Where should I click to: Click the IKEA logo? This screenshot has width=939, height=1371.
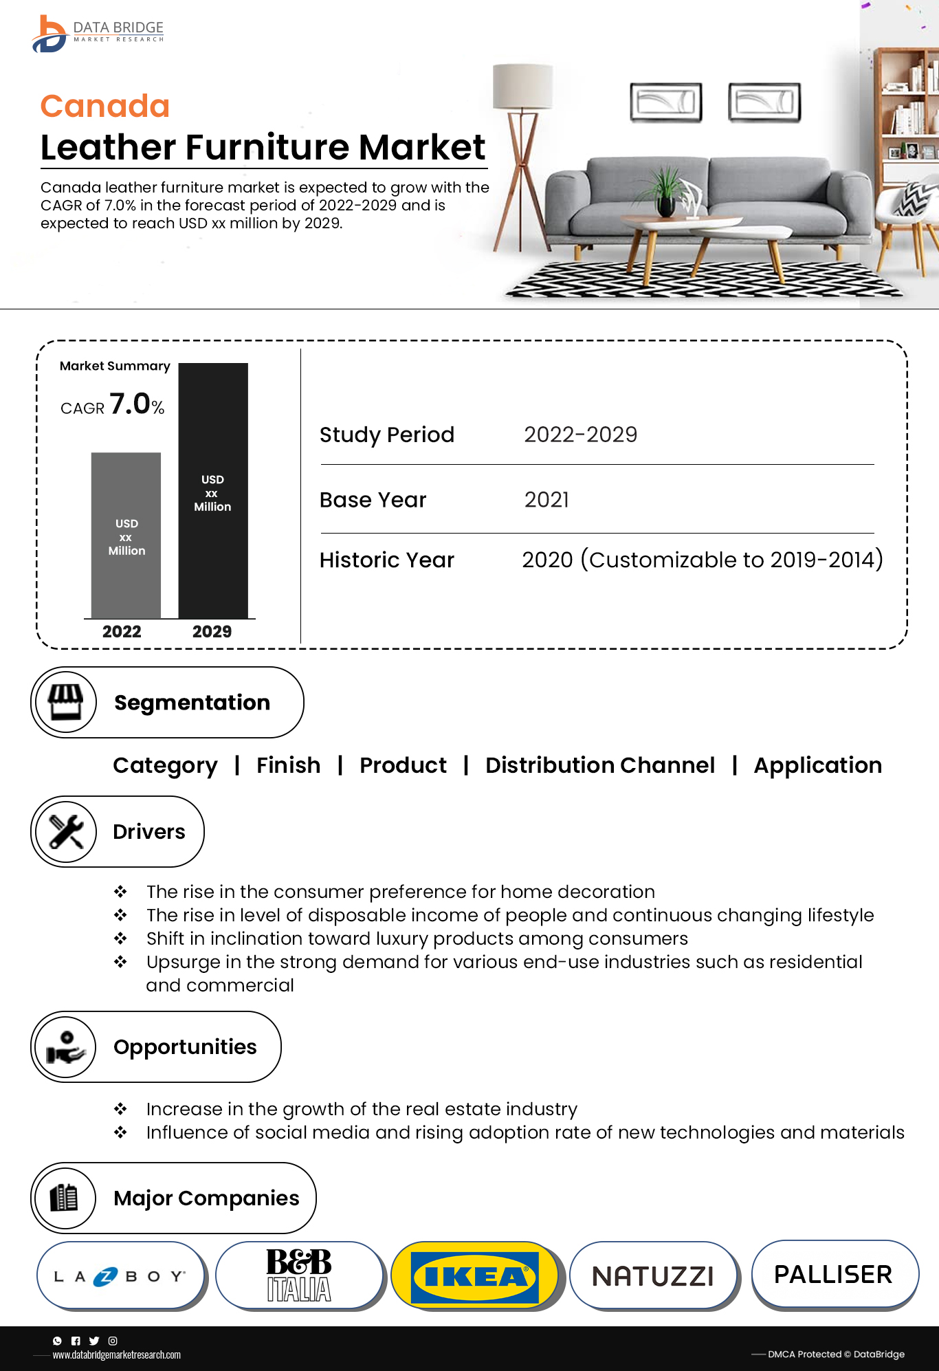(x=474, y=1277)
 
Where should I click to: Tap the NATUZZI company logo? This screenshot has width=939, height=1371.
(x=653, y=1276)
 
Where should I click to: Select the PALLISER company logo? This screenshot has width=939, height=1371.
(x=833, y=1274)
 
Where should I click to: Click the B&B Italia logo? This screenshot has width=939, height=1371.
(x=299, y=1275)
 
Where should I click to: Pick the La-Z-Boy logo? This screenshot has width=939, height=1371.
(x=120, y=1277)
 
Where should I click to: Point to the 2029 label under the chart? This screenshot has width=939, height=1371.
(x=212, y=631)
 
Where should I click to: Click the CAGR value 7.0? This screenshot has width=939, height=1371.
(x=130, y=404)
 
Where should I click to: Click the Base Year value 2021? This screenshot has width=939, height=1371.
(x=546, y=500)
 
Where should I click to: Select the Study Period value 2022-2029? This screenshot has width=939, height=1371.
(x=580, y=435)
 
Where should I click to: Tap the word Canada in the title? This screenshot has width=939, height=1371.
(x=105, y=106)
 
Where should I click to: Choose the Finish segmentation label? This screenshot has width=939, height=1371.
(x=288, y=765)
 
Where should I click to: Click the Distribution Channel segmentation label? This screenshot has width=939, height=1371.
(x=599, y=765)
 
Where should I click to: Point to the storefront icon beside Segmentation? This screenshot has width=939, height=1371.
(x=66, y=702)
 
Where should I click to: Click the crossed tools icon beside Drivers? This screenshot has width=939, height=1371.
(x=66, y=831)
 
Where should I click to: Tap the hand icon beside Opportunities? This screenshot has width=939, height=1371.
(x=66, y=1047)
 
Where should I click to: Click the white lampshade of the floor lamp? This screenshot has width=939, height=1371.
(x=522, y=87)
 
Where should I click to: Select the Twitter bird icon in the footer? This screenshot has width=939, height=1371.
(x=94, y=1341)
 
